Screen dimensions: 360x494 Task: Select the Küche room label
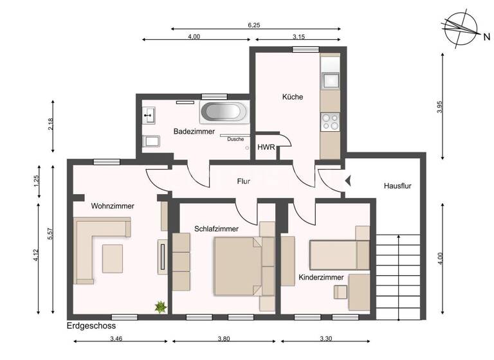coord(292,97)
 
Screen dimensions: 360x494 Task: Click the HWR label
coord(266,147)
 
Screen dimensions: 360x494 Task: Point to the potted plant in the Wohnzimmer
coord(160,307)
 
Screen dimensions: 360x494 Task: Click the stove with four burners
coord(330,122)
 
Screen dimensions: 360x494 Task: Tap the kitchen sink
coord(331,80)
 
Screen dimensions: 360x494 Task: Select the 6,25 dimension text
coord(255,25)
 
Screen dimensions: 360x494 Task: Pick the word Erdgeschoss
coord(91,327)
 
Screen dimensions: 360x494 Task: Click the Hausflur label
coord(397,186)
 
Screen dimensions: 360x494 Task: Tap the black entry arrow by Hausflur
coord(348,181)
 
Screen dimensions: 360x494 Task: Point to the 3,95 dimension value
coord(440,107)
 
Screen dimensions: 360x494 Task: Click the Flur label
coord(242,182)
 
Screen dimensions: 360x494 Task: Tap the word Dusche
coord(235,139)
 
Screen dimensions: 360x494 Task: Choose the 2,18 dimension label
coord(51,124)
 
